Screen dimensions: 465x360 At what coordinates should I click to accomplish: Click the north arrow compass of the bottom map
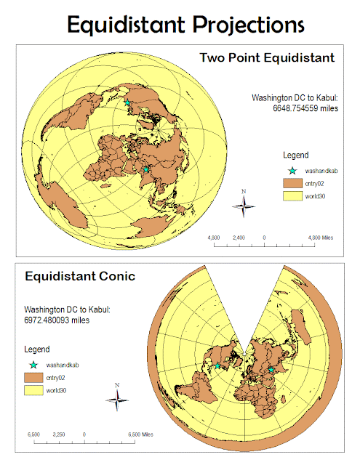116,397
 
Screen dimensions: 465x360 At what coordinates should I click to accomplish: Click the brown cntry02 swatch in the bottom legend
33,377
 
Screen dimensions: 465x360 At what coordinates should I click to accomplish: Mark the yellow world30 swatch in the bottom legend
33,392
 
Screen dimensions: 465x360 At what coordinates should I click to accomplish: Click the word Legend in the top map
297,155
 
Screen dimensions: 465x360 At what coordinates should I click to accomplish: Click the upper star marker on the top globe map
128,103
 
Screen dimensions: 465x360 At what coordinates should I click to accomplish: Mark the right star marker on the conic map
271,370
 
